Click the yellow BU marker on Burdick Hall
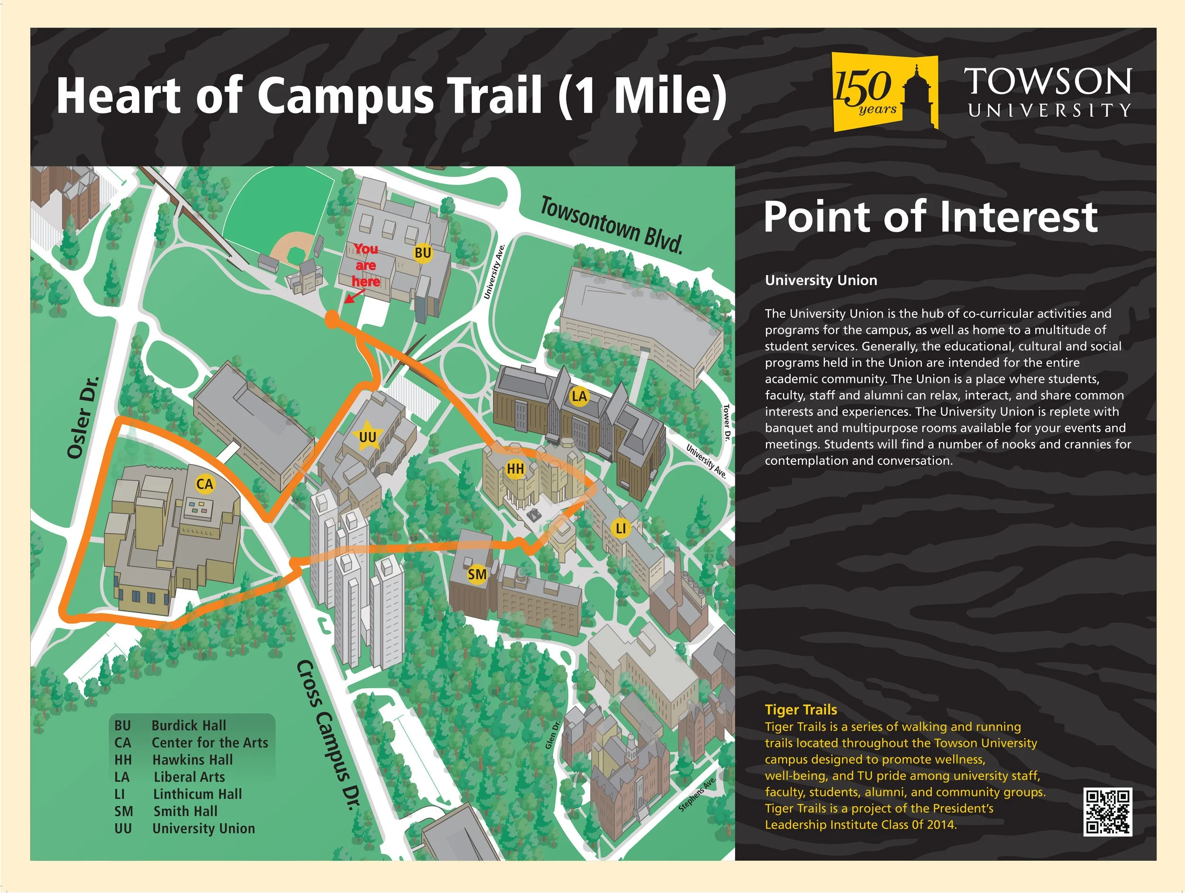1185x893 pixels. click(423, 252)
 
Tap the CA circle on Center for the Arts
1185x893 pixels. click(205, 484)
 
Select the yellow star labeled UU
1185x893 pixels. click(367, 437)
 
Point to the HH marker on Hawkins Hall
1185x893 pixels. click(515, 469)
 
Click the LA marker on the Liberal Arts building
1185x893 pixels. click(579, 396)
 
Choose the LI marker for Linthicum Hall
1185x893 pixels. click(620, 528)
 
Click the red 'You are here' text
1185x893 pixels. click(365, 265)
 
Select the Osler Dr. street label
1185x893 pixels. click(83, 417)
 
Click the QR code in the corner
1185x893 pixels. click(1107, 811)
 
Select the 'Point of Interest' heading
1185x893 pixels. click(930, 217)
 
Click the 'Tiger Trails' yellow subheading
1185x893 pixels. click(801, 709)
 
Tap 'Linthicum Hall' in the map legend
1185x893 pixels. click(197, 794)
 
